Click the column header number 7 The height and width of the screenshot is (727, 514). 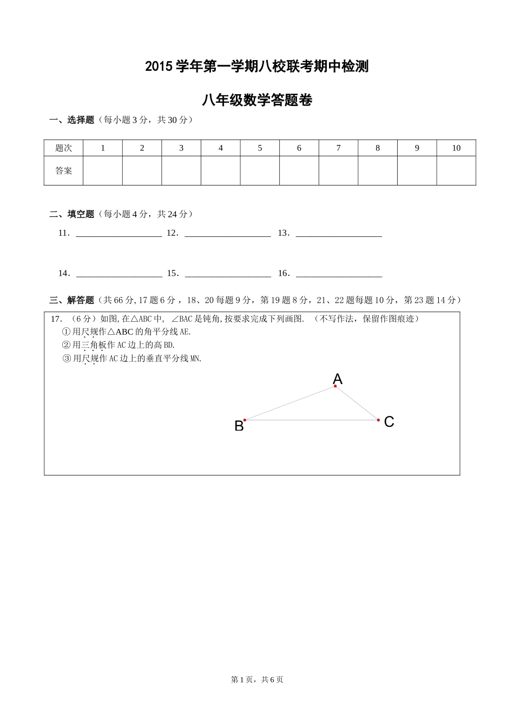338,148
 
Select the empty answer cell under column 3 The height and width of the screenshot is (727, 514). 181,171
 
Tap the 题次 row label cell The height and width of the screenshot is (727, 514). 63,148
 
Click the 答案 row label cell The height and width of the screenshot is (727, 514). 63,171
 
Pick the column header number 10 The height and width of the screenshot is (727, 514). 456,148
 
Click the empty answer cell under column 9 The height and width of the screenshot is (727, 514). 417,171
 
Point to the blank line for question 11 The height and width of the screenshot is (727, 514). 119,234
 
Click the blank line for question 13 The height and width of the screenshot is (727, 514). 339,234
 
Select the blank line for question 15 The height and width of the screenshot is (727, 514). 228,274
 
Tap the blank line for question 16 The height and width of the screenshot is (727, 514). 339,274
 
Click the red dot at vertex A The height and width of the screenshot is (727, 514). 335,386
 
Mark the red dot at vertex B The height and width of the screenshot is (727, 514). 245,420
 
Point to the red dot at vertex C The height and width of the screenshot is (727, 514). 379,420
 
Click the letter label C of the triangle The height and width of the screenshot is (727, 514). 389,422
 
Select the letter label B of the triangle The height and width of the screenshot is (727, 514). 239,426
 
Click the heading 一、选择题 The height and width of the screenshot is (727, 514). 72,120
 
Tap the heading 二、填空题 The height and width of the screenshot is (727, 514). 72,214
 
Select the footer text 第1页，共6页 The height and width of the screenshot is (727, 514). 257,679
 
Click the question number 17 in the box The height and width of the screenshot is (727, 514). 55,319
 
